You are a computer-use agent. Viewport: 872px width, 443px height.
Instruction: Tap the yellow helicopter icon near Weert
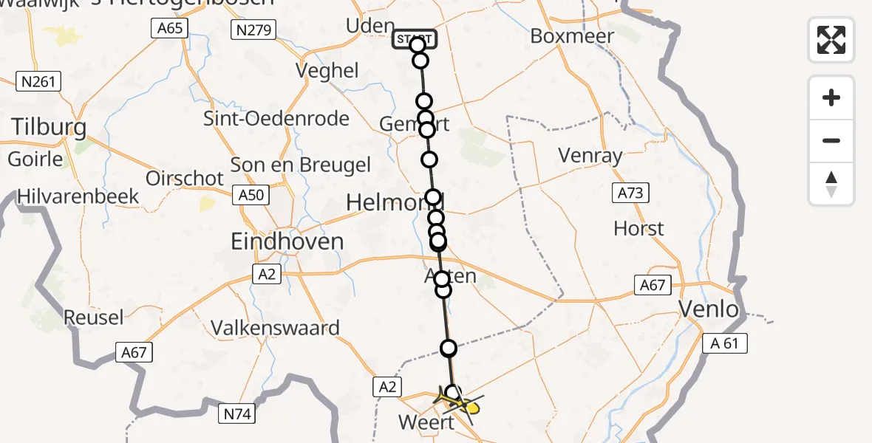tap(461, 403)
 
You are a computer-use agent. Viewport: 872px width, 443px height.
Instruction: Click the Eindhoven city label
tap(287, 241)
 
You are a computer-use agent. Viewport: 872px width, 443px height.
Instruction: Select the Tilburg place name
tap(49, 128)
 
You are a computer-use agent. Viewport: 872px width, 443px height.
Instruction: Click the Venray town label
tap(590, 157)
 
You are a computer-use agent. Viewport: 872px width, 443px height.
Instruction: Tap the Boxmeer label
tap(572, 36)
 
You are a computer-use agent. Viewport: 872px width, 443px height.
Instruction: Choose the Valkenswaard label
tap(275, 327)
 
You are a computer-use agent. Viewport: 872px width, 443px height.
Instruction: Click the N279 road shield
tap(253, 30)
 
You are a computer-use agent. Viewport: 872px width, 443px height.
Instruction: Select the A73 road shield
tap(630, 193)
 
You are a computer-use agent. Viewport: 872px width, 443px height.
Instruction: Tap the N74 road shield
tap(237, 414)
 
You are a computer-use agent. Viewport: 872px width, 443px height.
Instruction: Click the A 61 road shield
tap(726, 343)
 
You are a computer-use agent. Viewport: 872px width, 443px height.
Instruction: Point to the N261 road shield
tap(38, 81)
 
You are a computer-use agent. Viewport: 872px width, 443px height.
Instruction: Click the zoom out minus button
tap(831, 140)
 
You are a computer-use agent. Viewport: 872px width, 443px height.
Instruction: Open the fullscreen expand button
tap(831, 40)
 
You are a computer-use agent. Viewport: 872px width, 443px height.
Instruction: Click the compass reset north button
tap(831, 184)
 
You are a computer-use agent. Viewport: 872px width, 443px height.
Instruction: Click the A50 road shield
tap(251, 195)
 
